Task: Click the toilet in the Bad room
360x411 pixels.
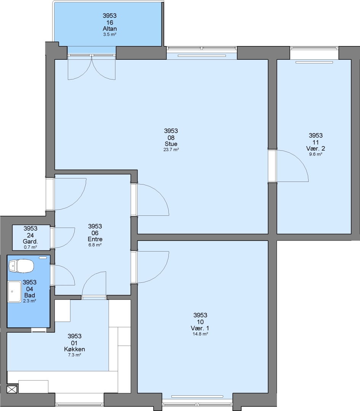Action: click(x=21, y=266)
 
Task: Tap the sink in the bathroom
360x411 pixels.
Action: click(x=14, y=292)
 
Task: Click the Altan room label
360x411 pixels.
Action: click(x=110, y=29)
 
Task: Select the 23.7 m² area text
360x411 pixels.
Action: click(x=171, y=150)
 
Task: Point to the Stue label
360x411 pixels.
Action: click(x=171, y=143)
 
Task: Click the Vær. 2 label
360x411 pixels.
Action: click(x=316, y=148)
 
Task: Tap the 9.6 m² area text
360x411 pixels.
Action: click(x=316, y=155)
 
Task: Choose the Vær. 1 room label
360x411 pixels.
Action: click(x=200, y=328)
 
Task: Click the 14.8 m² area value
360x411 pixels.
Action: click(x=200, y=334)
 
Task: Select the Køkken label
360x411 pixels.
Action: click(x=75, y=349)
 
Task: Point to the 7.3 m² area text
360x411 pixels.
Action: click(x=75, y=355)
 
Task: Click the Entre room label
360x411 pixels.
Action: click(x=95, y=239)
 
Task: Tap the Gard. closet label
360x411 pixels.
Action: click(x=30, y=241)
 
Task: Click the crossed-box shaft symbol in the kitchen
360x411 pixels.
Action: click(x=12, y=389)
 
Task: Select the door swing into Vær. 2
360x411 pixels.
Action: click(x=293, y=166)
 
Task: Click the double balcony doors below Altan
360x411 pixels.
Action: click(x=91, y=67)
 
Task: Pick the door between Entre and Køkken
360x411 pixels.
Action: click(x=94, y=284)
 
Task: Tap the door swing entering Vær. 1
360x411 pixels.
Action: click(x=153, y=267)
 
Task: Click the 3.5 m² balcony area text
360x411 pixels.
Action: click(x=110, y=35)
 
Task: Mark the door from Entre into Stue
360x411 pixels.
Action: click(x=153, y=200)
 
